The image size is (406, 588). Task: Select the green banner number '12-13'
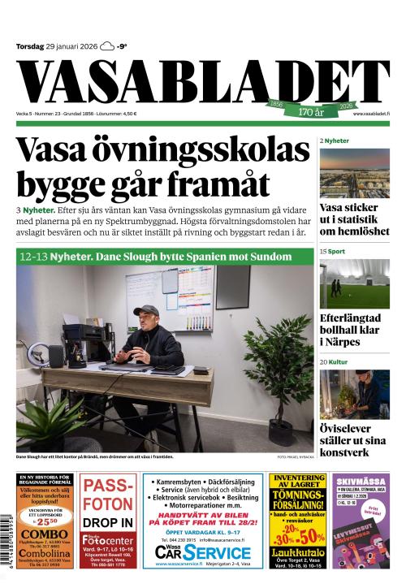35,257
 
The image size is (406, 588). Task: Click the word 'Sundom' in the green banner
269,257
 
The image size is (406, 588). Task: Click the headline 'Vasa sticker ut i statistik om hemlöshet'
353,219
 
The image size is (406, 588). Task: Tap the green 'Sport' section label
337,253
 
